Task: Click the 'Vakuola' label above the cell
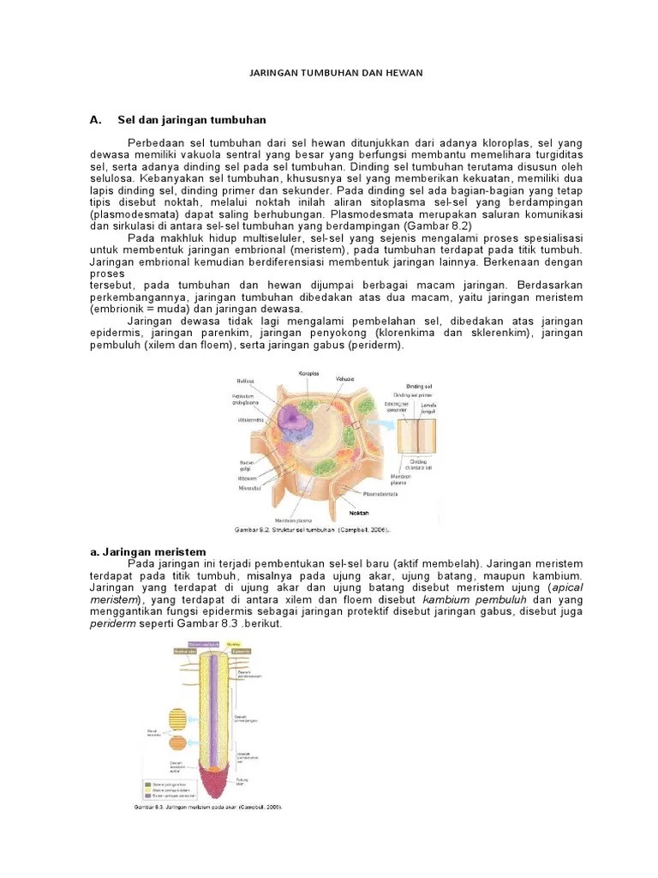click(x=345, y=378)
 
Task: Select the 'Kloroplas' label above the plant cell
click(x=308, y=373)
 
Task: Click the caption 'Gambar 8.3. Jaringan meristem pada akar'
click(x=208, y=807)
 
